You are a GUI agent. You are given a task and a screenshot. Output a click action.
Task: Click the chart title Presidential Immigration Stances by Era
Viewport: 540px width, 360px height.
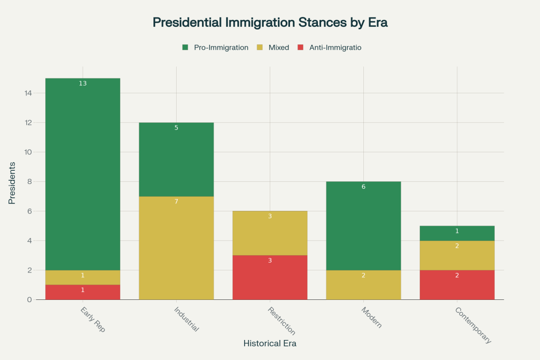click(270, 23)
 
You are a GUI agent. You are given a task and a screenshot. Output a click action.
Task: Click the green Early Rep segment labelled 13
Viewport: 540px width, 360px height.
click(83, 174)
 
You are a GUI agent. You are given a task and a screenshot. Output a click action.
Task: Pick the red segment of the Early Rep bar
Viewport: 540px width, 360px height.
click(83, 292)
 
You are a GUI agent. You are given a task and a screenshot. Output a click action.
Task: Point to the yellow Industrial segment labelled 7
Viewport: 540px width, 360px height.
click(176, 248)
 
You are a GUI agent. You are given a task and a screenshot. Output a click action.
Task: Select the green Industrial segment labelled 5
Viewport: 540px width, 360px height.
click(176, 159)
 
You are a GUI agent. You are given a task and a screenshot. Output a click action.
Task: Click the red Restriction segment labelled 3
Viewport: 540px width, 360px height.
click(270, 277)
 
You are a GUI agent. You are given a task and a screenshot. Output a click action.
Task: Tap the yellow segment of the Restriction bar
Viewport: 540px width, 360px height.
click(270, 233)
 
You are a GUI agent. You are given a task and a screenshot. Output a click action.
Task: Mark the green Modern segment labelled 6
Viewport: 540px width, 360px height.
click(363, 226)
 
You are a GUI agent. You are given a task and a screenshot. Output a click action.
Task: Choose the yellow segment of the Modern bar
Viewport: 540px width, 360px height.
click(363, 285)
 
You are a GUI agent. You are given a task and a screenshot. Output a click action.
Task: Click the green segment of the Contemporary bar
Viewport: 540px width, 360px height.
click(457, 233)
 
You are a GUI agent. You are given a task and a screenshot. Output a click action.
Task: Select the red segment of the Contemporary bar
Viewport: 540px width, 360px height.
click(457, 285)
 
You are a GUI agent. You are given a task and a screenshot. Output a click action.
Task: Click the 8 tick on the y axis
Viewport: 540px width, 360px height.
click(30, 182)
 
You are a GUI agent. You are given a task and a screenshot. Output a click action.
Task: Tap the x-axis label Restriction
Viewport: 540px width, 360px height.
click(281, 320)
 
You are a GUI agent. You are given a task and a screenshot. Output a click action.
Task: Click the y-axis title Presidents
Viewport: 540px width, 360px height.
click(11, 182)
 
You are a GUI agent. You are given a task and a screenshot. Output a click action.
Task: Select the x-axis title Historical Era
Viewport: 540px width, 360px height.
click(270, 344)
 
